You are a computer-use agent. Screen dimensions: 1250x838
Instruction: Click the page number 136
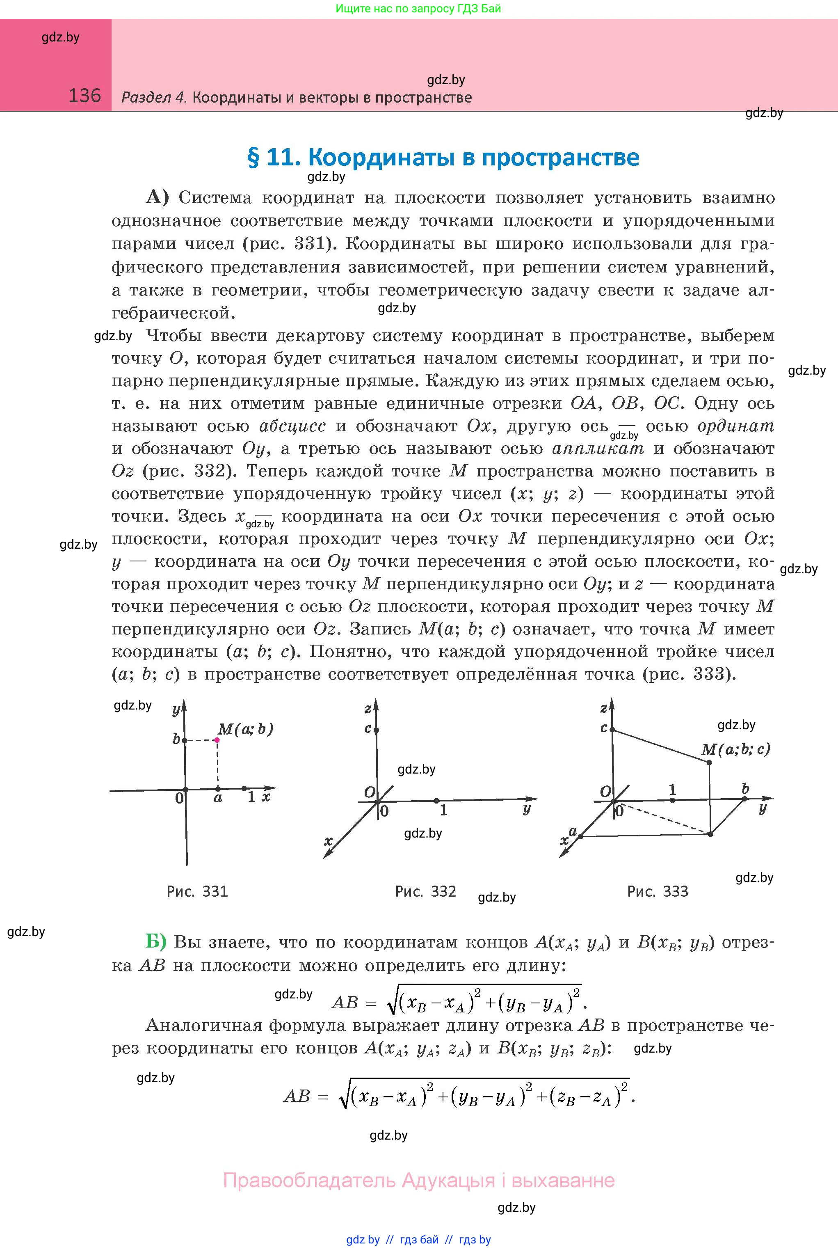click(84, 96)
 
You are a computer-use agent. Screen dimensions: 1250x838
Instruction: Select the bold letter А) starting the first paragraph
click(157, 197)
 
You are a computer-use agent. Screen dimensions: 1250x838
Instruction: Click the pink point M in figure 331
click(217, 740)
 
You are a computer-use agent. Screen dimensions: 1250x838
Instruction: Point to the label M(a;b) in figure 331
click(245, 729)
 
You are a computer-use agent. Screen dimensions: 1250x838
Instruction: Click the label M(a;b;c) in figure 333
click(735, 749)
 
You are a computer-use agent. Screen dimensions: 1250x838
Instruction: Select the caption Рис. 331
click(197, 891)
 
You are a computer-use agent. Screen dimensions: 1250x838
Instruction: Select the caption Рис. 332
click(425, 891)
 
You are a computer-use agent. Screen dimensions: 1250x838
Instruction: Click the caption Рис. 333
click(658, 891)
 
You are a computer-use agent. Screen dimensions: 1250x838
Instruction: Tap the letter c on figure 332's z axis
click(368, 728)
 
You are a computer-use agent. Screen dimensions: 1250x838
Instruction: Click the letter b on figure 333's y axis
click(745, 789)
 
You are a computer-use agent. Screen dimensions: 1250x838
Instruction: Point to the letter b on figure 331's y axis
click(176, 739)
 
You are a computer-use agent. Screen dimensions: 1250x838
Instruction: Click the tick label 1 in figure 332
click(443, 811)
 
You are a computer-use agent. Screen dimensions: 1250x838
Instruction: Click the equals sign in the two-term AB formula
click(371, 1003)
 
